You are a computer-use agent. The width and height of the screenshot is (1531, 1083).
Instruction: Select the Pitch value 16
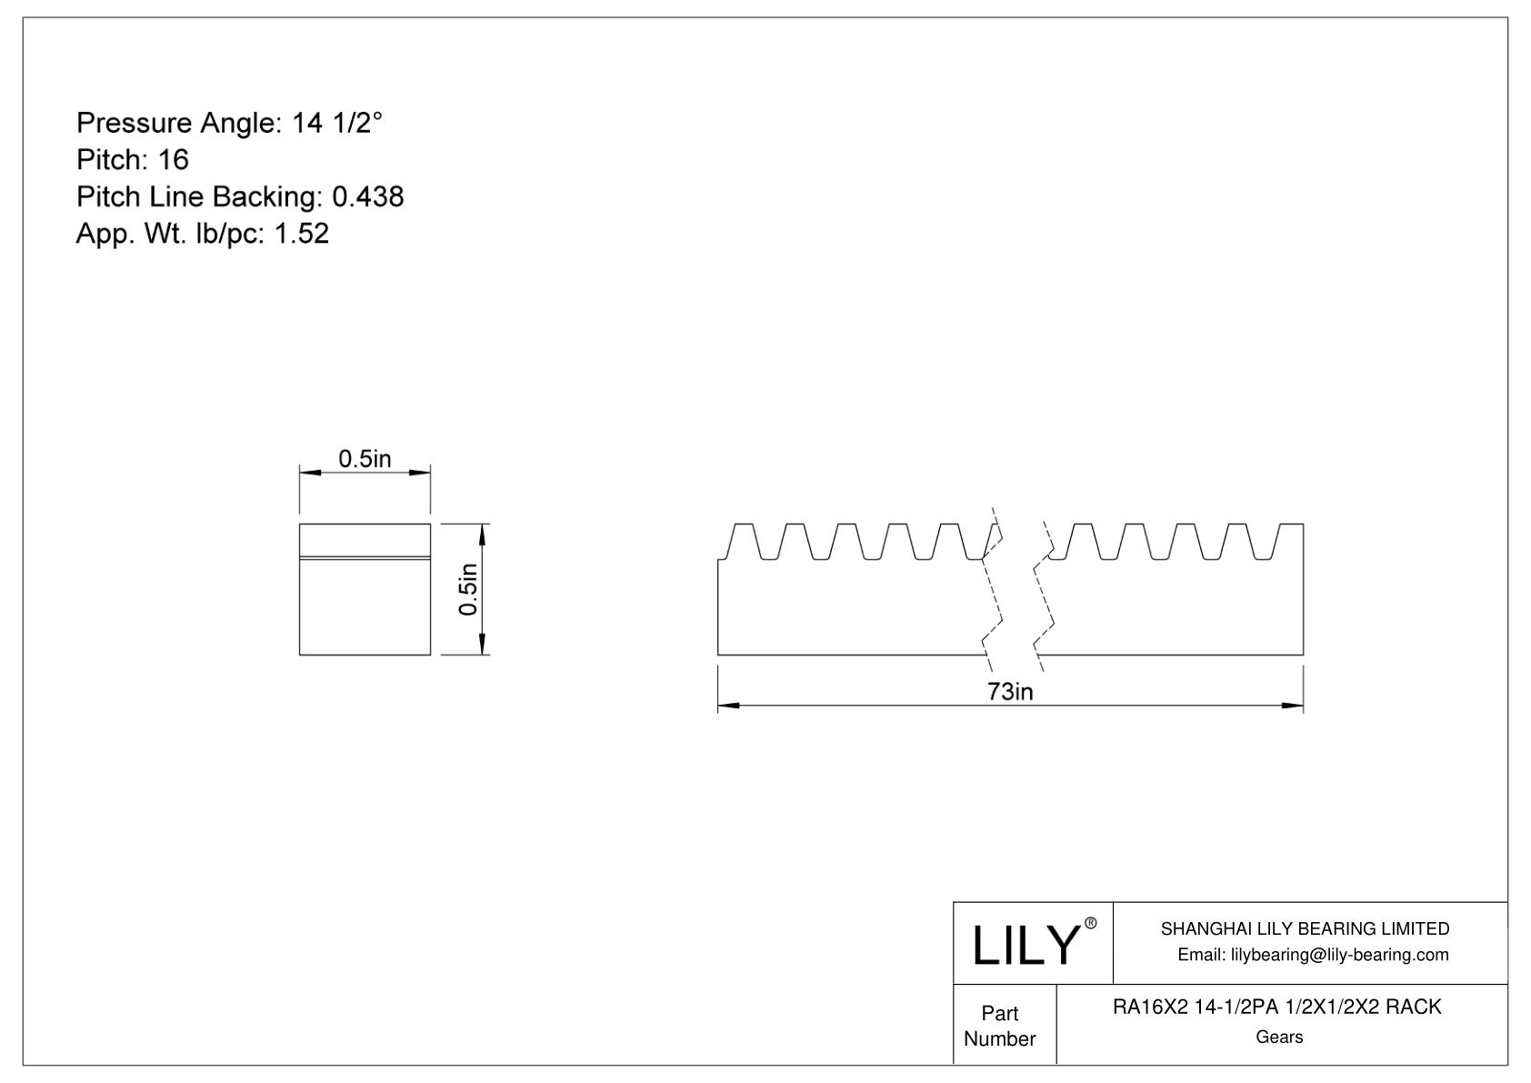(x=173, y=160)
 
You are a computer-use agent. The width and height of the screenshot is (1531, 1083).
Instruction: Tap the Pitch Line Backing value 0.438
(x=367, y=197)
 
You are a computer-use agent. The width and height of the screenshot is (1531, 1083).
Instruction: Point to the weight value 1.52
(x=301, y=235)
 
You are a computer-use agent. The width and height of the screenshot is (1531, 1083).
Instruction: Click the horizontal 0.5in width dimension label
(x=365, y=459)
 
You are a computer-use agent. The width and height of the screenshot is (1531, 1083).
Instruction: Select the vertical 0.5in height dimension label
(x=467, y=589)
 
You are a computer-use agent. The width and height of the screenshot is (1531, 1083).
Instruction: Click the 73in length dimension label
(x=1010, y=692)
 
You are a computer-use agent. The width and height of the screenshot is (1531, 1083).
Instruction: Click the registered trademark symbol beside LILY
(x=1091, y=923)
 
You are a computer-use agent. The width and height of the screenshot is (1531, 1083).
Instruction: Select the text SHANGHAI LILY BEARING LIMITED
(x=1305, y=928)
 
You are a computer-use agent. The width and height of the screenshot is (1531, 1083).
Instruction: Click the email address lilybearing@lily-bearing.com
(x=1313, y=955)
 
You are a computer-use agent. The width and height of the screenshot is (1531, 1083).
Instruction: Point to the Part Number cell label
(x=999, y=1026)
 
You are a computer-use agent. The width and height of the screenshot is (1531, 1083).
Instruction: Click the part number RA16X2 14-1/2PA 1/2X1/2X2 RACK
(x=1277, y=1007)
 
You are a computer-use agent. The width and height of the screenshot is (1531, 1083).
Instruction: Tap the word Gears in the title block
(x=1278, y=1037)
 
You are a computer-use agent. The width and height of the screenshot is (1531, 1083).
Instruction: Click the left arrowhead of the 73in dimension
(x=729, y=706)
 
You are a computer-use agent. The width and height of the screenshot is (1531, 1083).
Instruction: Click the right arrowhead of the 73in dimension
(x=1293, y=706)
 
